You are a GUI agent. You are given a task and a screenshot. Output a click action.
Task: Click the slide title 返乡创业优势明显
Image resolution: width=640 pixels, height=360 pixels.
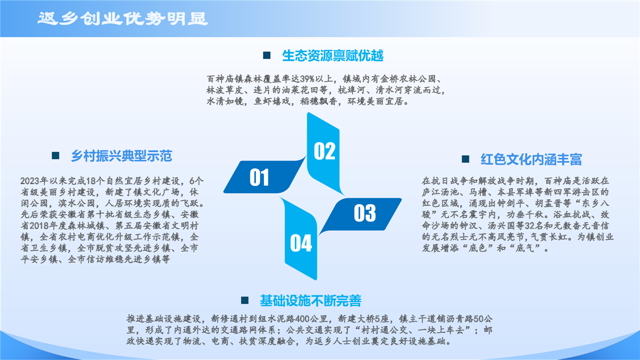pos(123,18)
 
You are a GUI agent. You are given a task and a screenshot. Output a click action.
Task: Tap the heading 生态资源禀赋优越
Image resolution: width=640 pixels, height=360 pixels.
pos(332,55)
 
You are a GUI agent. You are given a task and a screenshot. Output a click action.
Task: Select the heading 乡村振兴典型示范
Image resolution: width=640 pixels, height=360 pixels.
pos(121,156)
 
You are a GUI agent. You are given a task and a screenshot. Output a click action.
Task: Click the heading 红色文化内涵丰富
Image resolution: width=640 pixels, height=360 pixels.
pos(531,159)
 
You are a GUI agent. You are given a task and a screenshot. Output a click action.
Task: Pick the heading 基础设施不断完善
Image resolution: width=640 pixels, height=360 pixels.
pos(310,300)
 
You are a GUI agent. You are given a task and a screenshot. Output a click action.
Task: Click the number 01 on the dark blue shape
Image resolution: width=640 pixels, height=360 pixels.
pos(259,177)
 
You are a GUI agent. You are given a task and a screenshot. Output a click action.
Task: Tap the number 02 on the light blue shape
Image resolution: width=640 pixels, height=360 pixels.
pos(324,151)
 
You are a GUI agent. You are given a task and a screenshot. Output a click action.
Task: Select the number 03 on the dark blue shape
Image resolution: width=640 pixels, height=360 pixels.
pos(365,213)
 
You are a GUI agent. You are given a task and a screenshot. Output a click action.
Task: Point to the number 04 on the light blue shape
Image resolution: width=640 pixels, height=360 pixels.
pos(301,243)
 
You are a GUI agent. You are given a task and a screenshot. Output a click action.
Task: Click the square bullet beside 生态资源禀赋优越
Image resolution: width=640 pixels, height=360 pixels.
pos(266,55)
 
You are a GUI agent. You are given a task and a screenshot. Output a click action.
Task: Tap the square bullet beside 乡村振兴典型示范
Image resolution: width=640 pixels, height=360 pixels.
pos(55,155)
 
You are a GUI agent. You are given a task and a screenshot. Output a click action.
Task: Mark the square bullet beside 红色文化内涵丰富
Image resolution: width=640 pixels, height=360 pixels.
pos(465,159)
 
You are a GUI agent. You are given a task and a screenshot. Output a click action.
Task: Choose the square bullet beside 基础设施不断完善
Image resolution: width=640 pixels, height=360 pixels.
pos(244,300)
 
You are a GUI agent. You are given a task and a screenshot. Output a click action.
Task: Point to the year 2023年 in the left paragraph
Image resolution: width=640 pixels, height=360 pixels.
pos(34,181)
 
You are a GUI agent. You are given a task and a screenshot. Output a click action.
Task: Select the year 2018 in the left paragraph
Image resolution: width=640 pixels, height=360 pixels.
pos(39,225)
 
